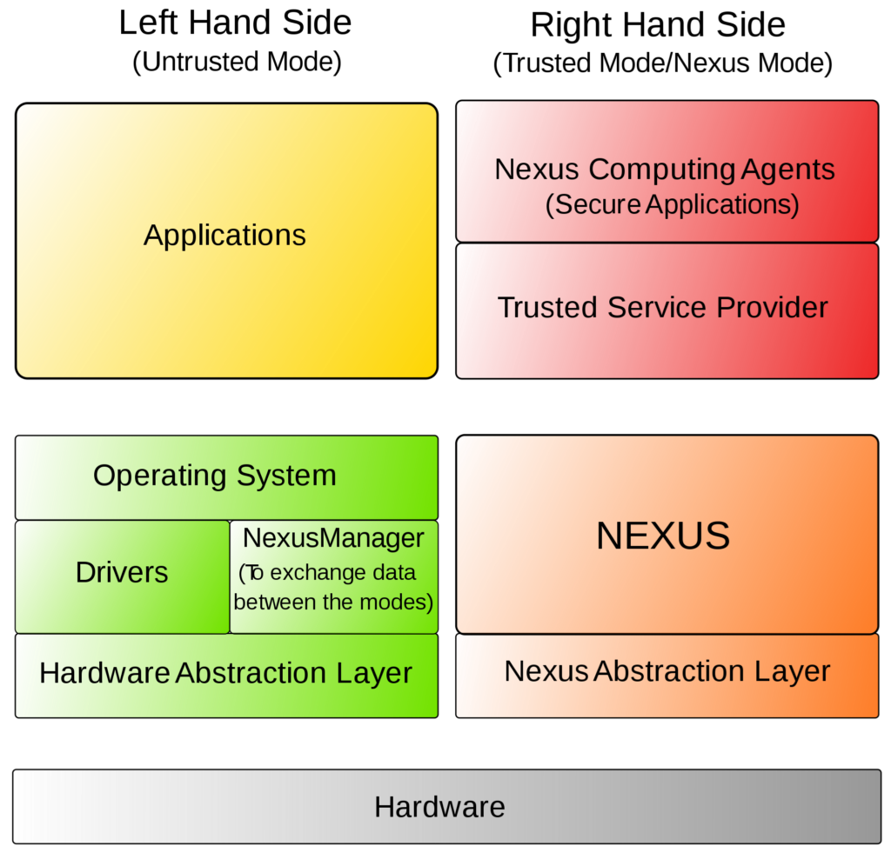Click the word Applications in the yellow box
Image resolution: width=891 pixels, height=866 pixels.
pyautogui.click(x=224, y=236)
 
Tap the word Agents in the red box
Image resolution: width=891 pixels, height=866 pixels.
pyautogui.click(x=787, y=169)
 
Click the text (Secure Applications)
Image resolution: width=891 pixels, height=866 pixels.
pyautogui.click(x=672, y=204)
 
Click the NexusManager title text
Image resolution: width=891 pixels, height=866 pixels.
pyautogui.click(x=333, y=538)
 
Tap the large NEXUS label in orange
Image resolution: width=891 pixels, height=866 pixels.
pyautogui.click(x=663, y=536)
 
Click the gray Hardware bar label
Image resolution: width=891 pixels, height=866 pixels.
pyautogui.click(x=439, y=807)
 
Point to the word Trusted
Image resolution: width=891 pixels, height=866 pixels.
pyautogui.click(x=547, y=308)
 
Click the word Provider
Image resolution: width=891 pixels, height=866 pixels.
pyautogui.click(x=772, y=308)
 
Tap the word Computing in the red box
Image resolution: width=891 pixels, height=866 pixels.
pyautogui.click(x=662, y=170)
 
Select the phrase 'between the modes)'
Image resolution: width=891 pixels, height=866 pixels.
pyautogui.click(x=333, y=602)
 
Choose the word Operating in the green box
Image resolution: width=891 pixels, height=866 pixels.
pyautogui.click(x=159, y=476)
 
